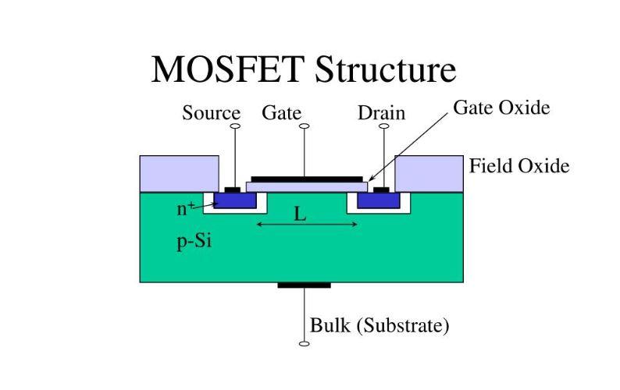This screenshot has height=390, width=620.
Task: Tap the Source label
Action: click(211, 113)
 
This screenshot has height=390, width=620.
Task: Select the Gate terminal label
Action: click(281, 113)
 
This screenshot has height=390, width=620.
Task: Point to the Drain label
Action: click(381, 113)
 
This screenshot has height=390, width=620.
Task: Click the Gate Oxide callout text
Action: click(501, 108)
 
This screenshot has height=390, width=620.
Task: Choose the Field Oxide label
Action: click(518, 165)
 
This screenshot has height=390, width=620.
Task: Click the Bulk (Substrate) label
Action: click(379, 325)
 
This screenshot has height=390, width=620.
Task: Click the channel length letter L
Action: click(300, 213)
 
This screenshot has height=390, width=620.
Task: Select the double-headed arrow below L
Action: click(307, 225)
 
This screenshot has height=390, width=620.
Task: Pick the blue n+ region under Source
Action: click(235, 200)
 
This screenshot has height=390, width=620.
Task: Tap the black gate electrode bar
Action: click(306, 179)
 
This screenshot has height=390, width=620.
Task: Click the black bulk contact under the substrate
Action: click(304, 285)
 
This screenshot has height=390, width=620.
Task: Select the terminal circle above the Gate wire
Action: click(305, 126)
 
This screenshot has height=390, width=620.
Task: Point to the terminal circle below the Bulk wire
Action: click(304, 343)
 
